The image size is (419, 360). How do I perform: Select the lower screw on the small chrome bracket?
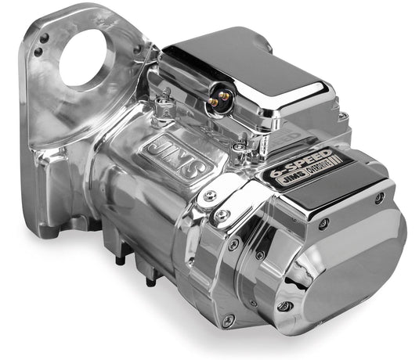coord(222,213)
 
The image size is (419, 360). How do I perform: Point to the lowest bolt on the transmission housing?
coord(228,320)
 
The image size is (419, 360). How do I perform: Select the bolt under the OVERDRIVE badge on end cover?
coord(323,224)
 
